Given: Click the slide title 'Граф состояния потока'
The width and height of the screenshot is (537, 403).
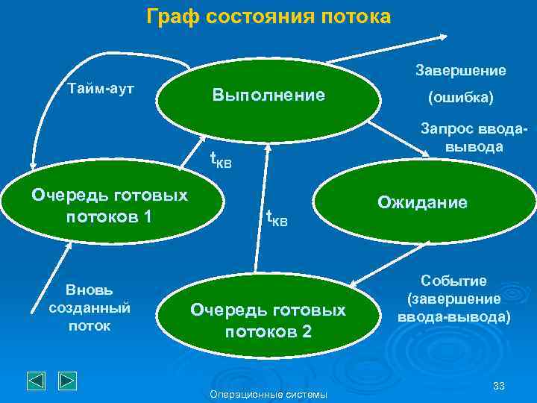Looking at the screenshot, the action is (x=268, y=16).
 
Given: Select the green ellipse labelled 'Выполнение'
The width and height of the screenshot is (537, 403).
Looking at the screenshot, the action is (x=268, y=96).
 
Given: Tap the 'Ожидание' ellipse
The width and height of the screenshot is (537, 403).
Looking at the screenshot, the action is (x=422, y=202).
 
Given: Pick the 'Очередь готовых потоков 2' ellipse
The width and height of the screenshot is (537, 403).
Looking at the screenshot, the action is (x=268, y=320).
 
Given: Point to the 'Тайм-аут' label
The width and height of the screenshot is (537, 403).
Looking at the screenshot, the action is (x=101, y=88).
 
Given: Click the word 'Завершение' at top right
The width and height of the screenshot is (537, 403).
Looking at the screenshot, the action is (x=459, y=70).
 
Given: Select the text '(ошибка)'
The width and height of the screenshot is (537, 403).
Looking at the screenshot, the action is (x=459, y=98).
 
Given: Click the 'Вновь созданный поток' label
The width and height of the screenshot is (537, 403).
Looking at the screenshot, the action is (x=89, y=307).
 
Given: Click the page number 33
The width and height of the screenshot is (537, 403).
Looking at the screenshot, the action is (x=499, y=385).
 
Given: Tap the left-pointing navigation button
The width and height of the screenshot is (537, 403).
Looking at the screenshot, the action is (x=37, y=381).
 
